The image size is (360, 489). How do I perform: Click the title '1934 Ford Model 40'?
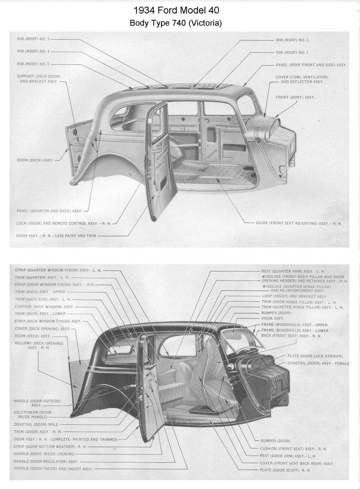tap(176, 10)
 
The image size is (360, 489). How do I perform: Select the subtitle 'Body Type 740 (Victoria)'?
tap(176, 23)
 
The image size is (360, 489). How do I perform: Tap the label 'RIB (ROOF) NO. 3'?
tap(33, 39)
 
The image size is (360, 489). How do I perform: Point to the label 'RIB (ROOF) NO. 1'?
tap(292, 53)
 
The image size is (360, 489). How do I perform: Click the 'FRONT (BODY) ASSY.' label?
tap(295, 98)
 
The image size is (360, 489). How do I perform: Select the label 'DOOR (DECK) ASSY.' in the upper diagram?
tap(35, 160)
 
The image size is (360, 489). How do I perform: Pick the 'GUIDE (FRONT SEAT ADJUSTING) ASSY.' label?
tap(299, 224)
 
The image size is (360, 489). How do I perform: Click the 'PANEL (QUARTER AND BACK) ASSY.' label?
tap(50, 211)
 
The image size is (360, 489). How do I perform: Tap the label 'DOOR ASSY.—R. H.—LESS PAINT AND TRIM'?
tap(56, 236)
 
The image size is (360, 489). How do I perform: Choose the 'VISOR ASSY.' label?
tap(272, 319)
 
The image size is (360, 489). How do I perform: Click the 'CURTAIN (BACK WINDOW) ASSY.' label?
tap(44, 307)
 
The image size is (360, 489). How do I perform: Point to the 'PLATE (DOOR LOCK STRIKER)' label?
tap(315, 356)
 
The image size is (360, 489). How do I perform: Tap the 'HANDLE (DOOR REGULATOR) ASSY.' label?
tap(46, 462)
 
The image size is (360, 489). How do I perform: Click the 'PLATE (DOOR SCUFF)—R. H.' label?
tap(285, 470)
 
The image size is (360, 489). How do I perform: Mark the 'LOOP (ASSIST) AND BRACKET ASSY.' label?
tap(295, 296)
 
